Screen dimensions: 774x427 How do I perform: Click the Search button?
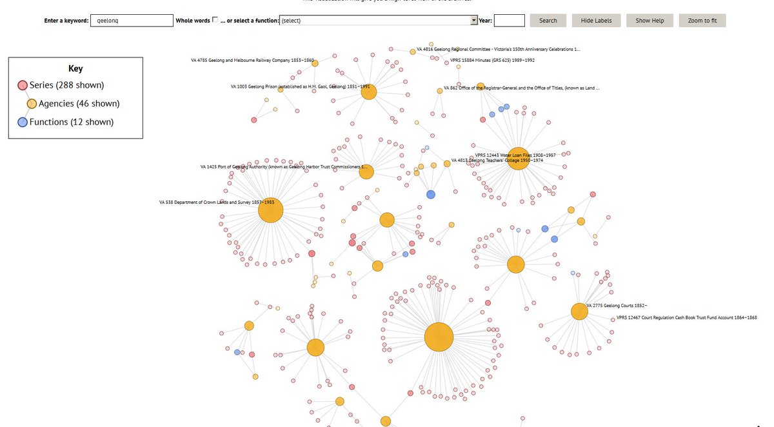tap(548, 21)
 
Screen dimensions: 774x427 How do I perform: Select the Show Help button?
tap(654, 21)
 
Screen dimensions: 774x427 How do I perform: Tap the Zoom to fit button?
tap(702, 21)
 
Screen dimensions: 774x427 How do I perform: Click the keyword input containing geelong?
tap(132, 21)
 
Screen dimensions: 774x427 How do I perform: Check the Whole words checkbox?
tap(215, 20)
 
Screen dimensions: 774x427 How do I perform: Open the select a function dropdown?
tap(378, 21)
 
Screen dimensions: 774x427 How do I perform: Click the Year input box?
tap(509, 21)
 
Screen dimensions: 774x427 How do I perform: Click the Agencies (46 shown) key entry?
tap(78, 104)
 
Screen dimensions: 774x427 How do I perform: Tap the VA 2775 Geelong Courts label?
tap(617, 306)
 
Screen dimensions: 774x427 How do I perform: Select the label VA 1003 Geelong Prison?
tap(300, 86)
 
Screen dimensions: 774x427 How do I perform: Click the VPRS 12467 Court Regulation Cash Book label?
tap(686, 317)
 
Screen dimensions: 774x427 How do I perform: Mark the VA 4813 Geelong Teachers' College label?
tap(497, 161)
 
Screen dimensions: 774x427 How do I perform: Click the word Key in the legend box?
tap(75, 68)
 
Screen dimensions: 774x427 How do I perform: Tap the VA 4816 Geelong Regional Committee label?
tap(498, 49)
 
